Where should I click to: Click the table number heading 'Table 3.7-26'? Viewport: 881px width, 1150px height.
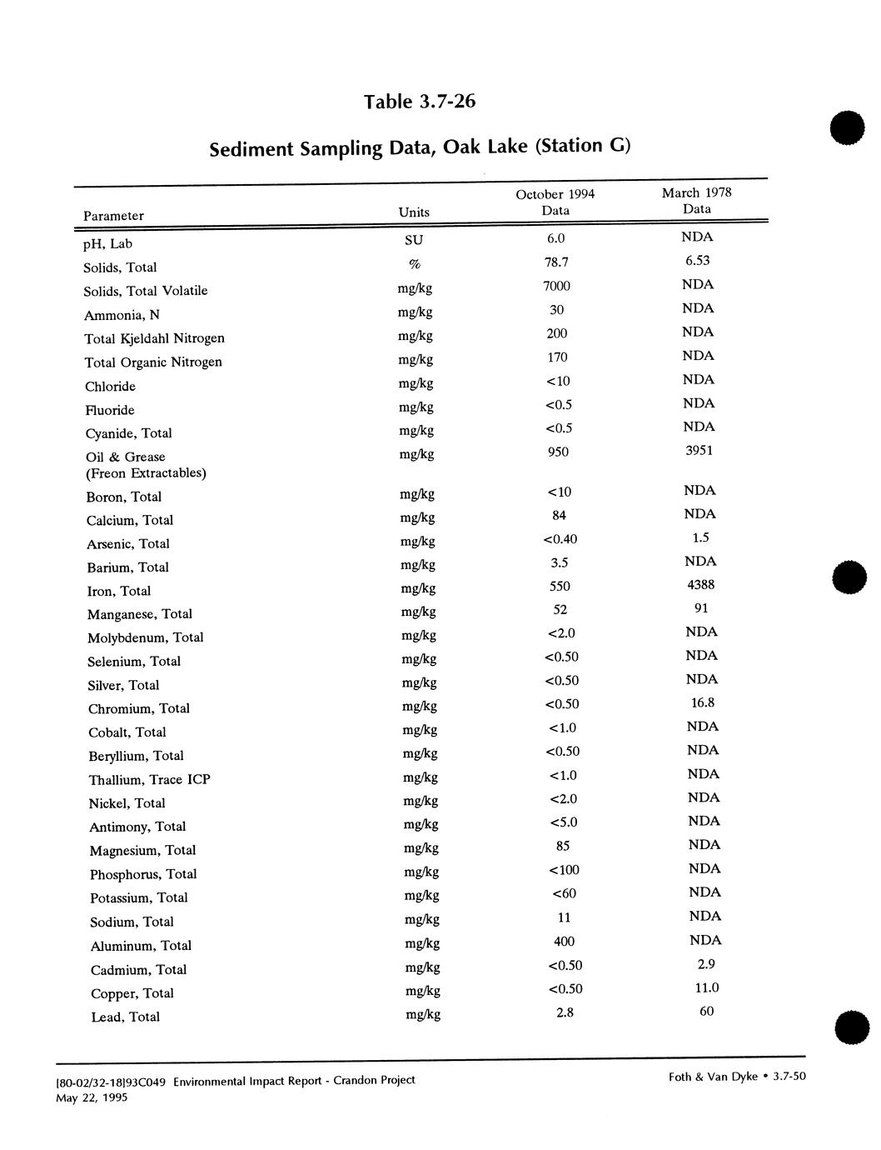pos(420,102)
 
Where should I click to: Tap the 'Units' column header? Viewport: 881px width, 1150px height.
pos(414,212)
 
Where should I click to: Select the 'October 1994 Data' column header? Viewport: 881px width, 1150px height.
pos(555,202)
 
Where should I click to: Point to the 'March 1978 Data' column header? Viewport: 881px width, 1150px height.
pos(697,201)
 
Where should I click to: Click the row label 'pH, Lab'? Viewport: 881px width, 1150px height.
pos(107,244)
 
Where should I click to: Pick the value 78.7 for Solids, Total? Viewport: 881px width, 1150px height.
pos(556,262)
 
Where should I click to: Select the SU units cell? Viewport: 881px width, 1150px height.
pos(414,241)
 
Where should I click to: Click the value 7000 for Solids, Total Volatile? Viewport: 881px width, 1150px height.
pos(556,287)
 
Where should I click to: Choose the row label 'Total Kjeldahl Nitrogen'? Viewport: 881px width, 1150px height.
pos(154,338)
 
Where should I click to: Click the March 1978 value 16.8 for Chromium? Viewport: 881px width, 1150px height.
pos(703,703)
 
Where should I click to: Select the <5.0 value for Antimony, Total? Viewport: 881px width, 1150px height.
pos(564,822)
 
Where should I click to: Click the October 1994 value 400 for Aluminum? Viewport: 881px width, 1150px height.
pos(565,942)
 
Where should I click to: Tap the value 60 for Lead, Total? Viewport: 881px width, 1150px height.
pos(707,1012)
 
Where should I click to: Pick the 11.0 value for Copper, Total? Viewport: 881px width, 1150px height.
pos(706,988)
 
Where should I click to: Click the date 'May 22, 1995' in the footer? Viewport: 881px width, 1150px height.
pos(92,1097)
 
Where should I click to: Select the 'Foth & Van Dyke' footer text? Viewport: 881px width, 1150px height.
pos(713,1077)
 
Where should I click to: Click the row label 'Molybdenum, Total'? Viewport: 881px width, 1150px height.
pos(146,638)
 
